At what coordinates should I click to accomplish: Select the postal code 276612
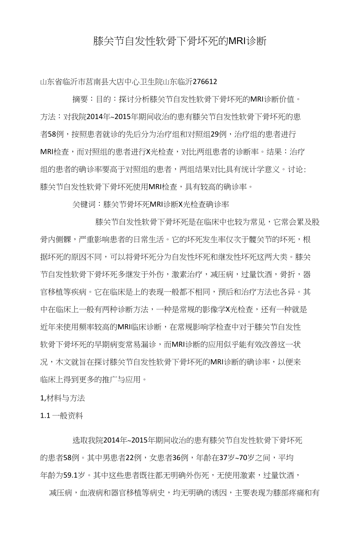[204, 82]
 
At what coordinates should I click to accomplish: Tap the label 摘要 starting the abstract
[80, 99]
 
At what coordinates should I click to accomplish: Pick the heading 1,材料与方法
[63, 398]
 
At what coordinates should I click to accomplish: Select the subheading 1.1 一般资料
[62, 416]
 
